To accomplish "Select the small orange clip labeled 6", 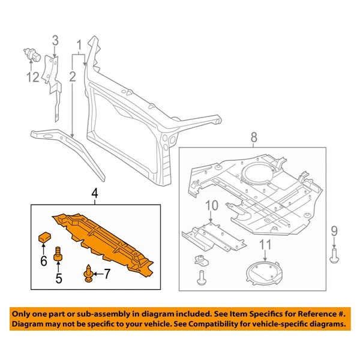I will click(43, 236).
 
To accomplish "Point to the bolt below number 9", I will click(334, 256).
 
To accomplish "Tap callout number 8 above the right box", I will click(254, 137).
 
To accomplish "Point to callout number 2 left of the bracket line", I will click(72, 76).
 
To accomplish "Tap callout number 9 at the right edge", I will click(334, 230).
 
